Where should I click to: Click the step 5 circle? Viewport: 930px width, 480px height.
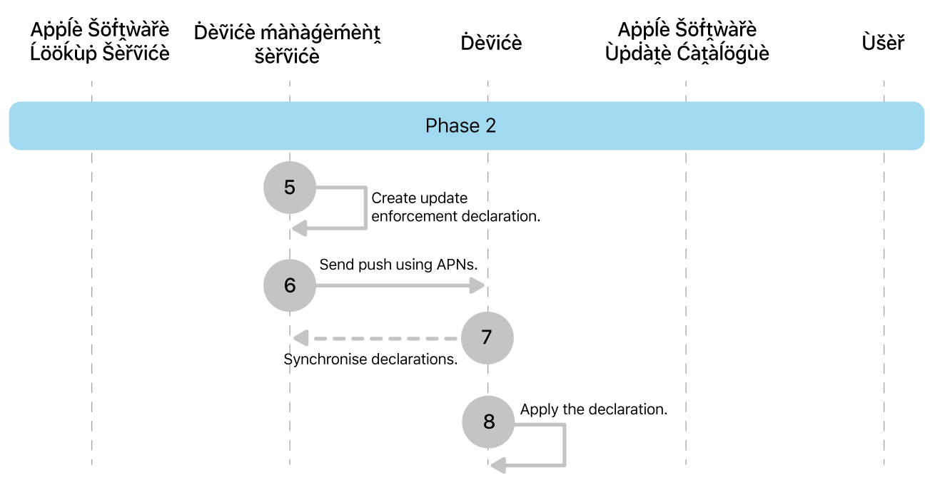click(289, 188)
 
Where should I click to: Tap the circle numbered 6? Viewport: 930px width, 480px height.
click(289, 285)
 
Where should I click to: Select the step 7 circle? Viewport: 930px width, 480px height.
click(487, 337)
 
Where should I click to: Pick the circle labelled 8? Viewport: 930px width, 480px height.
click(488, 422)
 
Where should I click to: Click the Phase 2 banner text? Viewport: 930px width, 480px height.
click(460, 126)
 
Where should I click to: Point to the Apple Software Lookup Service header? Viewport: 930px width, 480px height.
click(100, 41)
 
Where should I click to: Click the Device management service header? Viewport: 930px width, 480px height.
click(287, 44)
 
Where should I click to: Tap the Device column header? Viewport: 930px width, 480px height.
click(491, 43)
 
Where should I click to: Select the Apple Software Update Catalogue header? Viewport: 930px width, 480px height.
click(687, 41)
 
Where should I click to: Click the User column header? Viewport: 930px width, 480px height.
click(883, 43)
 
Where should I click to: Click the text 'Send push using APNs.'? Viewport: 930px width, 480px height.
click(398, 265)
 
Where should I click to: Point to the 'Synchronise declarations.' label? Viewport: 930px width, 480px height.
click(370, 359)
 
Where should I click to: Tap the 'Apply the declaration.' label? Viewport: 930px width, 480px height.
click(593, 409)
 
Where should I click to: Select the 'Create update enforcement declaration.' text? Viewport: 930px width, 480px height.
click(455, 207)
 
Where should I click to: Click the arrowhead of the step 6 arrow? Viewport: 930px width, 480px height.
click(477, 286)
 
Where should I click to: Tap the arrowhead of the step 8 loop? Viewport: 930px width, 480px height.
click(498, 466)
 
